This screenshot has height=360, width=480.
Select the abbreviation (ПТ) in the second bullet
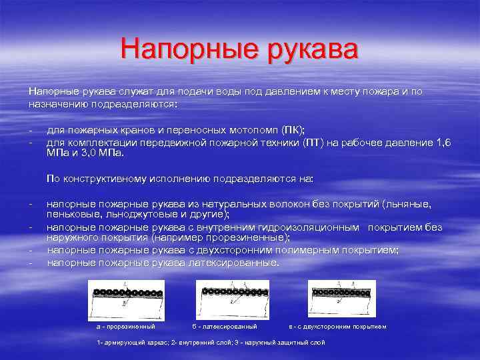click(312, 143)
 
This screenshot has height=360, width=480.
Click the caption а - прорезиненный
click(126, 327)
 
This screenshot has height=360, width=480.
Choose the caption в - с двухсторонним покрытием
click(337, 327)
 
